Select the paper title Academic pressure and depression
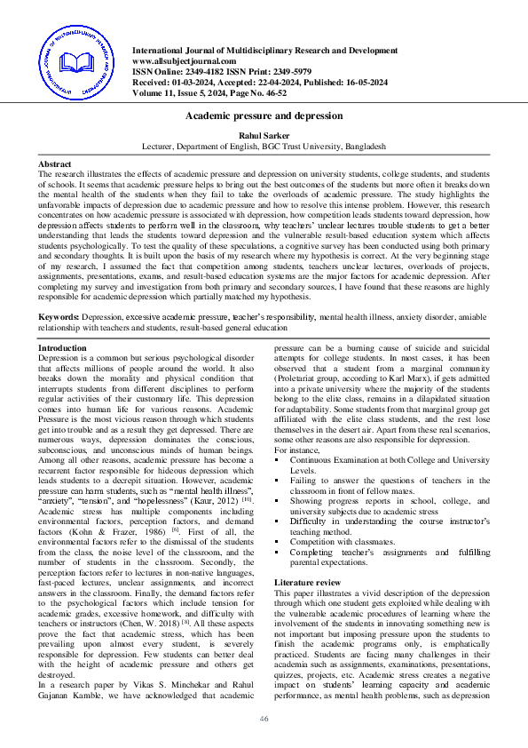264,115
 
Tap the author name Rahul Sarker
264,134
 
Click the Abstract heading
55,165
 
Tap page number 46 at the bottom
264,719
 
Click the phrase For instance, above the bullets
297,450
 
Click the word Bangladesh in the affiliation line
364,145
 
